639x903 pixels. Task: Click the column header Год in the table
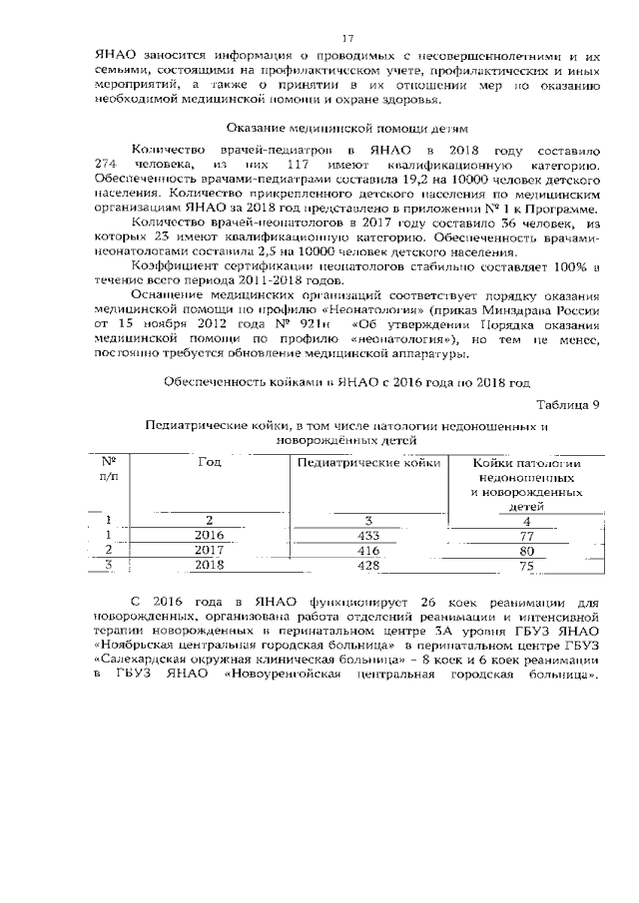coord(210,462)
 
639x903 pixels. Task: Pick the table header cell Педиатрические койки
coord(368,462)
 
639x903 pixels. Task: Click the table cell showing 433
coord(368,535)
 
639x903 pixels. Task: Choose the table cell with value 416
coord(368,550)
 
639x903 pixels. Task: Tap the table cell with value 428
coord(368,565)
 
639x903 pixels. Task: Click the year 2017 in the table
coord(210,550)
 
